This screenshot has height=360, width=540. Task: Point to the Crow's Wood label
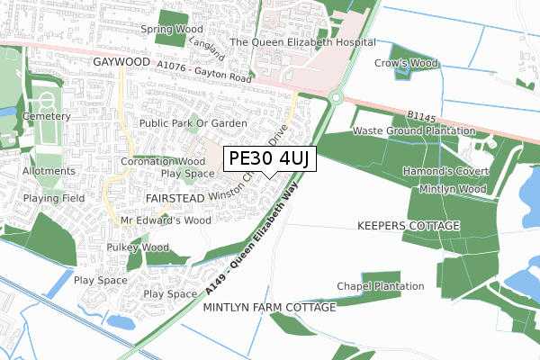[x=405, y=64]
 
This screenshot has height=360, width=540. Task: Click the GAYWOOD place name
[x=120, y=61]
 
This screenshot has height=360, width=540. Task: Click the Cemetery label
[x=48, y=116]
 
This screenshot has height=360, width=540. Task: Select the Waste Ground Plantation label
[x=413, y=130]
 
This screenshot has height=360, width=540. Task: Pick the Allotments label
[x=49, y=170]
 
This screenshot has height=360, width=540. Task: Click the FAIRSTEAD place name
[x=174, y=196]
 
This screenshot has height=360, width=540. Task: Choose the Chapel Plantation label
[x=381, y=286]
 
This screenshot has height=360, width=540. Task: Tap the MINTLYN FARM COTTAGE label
[x=270, y=307]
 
